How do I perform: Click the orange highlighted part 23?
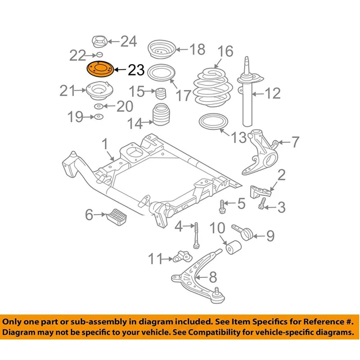(x=99, y=70)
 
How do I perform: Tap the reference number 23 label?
(x=136, y=70)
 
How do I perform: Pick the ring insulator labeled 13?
(x=211, y=123)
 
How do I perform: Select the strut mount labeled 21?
(x=97, y=91)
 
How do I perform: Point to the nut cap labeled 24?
(x=99, y=43)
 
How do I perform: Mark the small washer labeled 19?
(x=98, y=117)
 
